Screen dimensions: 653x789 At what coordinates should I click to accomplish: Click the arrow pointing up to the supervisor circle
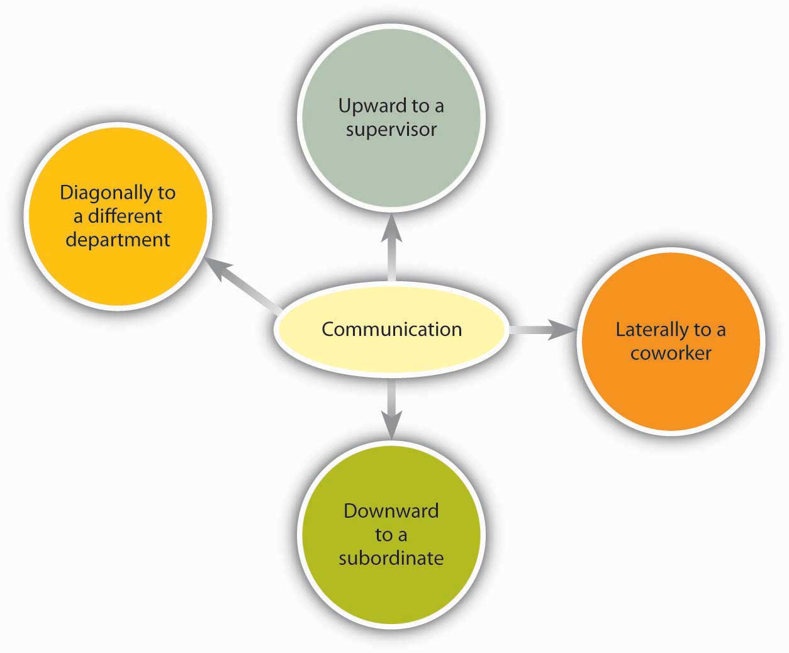point(391,248)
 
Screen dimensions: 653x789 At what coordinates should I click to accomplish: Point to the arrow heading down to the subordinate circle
point(391,409)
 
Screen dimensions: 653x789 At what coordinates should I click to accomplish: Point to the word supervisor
point(391,130)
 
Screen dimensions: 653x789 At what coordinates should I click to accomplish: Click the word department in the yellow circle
point(118,240)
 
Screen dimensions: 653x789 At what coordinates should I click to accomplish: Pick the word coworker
point(671,353)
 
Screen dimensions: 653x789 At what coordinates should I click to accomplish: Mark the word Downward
point(391,510)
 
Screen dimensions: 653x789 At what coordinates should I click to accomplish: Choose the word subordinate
point(391,558)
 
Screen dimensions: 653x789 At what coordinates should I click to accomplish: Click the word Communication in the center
point(391,329)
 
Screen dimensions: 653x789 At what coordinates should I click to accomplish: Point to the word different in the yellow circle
point(125,216)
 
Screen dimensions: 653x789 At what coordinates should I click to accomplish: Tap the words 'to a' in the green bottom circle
point(391,535)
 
